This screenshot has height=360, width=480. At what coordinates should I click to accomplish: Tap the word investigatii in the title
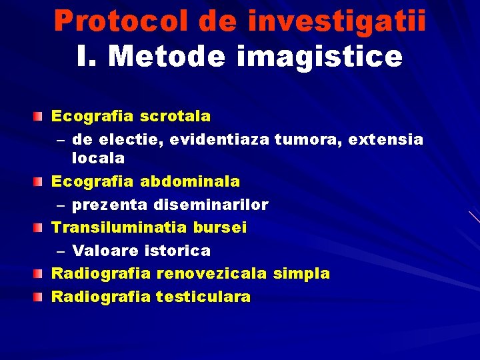click(x=337, y=21)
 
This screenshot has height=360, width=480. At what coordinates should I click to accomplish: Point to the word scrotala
click(x=175, y=117)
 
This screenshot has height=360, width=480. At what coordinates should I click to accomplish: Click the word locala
click(x=98, y=159)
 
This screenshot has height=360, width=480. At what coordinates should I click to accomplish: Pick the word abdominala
click(x=190, y=181)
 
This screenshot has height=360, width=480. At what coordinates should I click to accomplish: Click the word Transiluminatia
click(x=119, y=227)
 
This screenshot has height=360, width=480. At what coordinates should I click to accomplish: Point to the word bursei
click(x=220, y=227)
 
